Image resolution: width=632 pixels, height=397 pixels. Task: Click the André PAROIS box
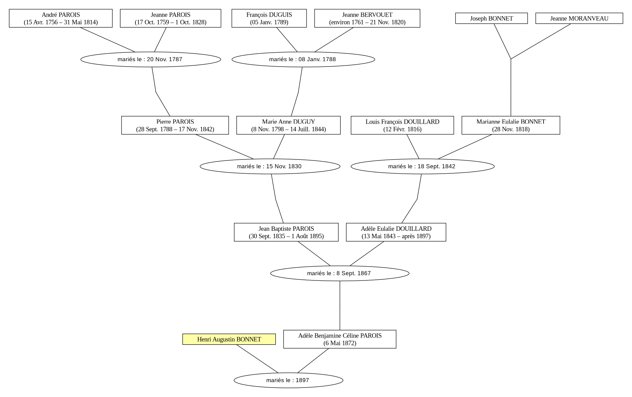[x=61, y=18]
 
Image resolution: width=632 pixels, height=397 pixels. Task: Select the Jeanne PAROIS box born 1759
[x=170, y=18]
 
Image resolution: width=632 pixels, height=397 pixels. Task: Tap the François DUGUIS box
[x=269, y=18]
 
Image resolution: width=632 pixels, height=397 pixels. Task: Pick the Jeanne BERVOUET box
[x=367, y=18]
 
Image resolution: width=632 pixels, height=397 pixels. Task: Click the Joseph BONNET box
[x=492, y=18]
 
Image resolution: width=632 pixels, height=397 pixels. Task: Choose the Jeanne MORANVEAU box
[x=579, y=18]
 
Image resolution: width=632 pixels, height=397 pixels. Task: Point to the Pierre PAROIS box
[x=175, y=125]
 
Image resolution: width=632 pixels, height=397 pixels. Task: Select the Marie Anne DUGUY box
[x=288, y=125]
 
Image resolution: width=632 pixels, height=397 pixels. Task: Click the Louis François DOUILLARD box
[x=402, y=125]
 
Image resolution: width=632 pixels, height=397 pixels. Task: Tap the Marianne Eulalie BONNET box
[x=511, y=125]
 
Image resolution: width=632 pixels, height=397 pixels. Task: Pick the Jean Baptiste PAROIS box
[x=286, y=232]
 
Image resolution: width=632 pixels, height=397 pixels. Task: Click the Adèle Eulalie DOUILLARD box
[x=396, y=232]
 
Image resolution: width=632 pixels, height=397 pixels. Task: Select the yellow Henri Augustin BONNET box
[x=229, y=339]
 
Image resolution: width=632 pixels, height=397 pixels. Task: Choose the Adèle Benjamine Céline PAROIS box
[x=340, y=339]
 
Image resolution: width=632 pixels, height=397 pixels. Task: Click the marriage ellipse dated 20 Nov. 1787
[x=151, y=59]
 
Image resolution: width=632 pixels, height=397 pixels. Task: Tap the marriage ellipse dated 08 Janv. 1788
[x=303, y=59]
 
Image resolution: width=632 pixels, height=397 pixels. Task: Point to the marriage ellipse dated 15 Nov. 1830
[x=270, y=166]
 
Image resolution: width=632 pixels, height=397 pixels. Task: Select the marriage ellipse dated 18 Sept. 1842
[x=423, y=166]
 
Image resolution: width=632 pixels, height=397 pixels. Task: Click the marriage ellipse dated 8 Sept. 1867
[x=340, y=273]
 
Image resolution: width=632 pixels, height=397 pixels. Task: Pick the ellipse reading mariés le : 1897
[x=288, y=380]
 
